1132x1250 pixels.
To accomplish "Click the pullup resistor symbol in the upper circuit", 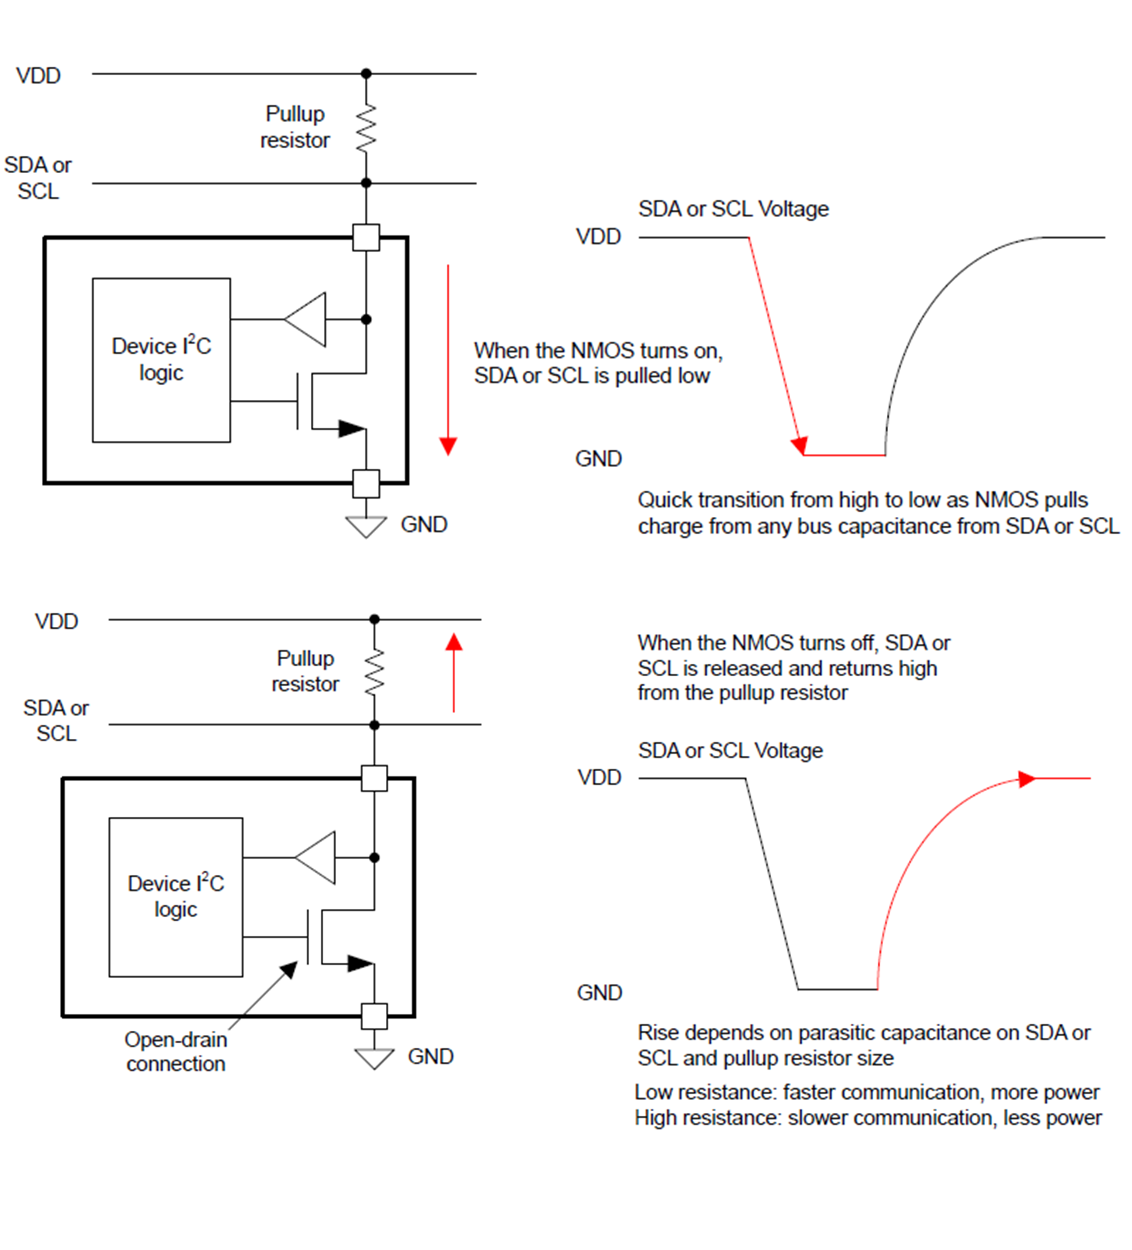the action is (366, 128).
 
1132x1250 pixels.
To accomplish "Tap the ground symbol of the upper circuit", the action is (366, 527).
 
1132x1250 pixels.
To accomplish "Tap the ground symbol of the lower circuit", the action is (374, 1058).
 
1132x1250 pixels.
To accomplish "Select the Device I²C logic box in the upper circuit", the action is (161, 360).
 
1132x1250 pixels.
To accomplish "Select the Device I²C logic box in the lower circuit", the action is (176, 897).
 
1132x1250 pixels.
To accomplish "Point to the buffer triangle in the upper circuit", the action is (305, 319).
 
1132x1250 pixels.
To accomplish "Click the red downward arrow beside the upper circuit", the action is (448, 360).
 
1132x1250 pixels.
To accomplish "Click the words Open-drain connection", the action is (176, 1052).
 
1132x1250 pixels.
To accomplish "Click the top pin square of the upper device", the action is (366, 237).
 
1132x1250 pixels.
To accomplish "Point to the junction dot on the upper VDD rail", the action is (366, 73).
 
